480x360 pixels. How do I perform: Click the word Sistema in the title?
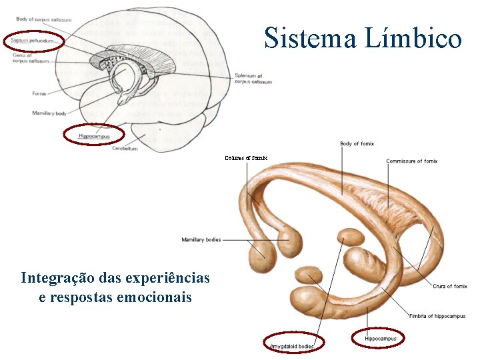point(311,39)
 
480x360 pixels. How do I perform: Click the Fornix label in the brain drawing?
point(39,93)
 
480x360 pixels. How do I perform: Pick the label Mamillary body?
point(49,113)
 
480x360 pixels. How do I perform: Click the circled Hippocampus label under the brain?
point(93,136)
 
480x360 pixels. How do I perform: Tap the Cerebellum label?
point(125,149)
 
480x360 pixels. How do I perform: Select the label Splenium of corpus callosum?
point(253,79)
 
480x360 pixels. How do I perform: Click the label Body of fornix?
point(357,143)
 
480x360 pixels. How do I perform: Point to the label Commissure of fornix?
point(412,161)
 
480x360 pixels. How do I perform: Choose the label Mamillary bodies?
point(201,239)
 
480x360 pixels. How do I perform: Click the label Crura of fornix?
point(450,286)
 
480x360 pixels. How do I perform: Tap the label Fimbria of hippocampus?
point(437,316)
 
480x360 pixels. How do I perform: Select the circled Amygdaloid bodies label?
point(292,346)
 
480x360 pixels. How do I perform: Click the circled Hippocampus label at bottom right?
point(381,339)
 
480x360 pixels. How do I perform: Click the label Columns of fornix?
point(246,158)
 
